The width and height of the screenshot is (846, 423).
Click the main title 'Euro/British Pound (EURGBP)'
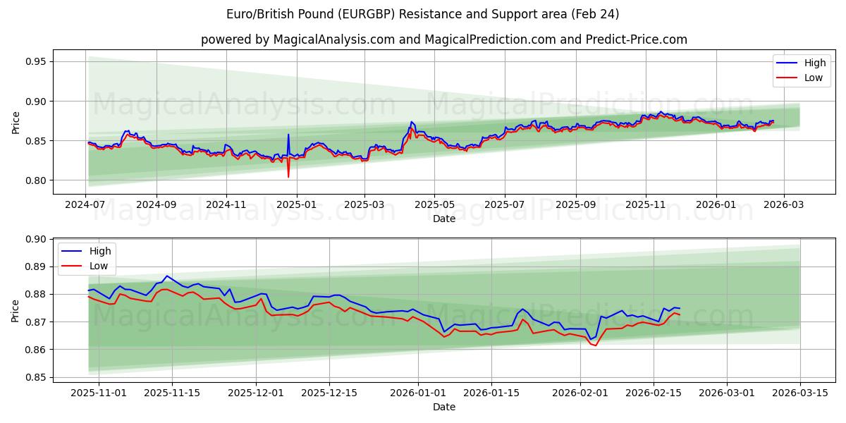click(423, 14)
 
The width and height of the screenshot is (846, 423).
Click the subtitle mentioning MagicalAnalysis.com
click(444, 39)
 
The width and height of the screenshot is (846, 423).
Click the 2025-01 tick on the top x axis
click(296, 204)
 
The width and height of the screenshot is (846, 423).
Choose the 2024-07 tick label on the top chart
click(85, 204)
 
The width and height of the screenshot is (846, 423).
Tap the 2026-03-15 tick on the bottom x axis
click(800, 393)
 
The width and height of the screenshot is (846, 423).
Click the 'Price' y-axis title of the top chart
click(16, 122)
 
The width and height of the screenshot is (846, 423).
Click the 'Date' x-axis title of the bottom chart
click(444, 407)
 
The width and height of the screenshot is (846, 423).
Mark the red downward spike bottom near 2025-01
click(288, 176)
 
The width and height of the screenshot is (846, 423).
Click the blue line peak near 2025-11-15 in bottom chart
click(167, 276)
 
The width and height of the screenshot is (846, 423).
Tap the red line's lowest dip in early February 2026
click(596, 345)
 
